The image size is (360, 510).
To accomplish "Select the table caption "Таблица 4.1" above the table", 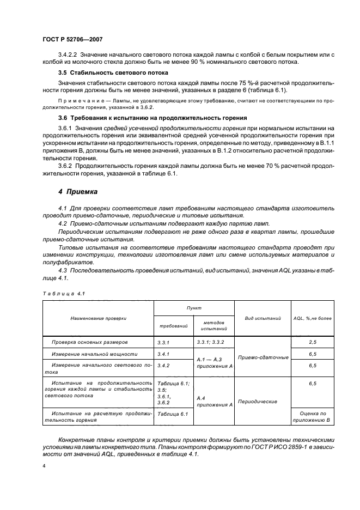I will click(x=63, y=294).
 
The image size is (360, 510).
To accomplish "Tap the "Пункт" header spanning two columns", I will click(x=193, y=307).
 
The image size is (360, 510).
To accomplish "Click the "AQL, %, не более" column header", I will click(x=312, y=318).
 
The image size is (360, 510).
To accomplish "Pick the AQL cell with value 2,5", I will click(x=313, y=342).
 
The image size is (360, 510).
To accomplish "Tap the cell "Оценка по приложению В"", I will click(x=313, y=417).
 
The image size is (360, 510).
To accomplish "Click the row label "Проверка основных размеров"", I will click(x=90, y=342).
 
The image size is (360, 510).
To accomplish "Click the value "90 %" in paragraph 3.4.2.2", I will click(x=191, y=62).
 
